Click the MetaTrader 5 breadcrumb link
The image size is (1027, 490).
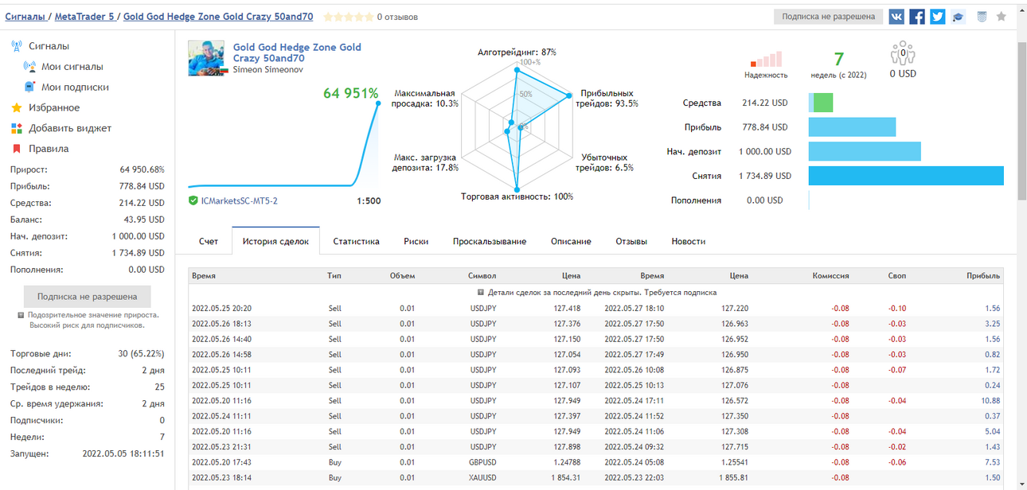84,17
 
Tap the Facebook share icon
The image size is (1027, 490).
917,17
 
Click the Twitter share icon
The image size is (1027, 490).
938,17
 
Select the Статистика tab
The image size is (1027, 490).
356,241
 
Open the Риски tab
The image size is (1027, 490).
416,241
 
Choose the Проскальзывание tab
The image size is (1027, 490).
490,241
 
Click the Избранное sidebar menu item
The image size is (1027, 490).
54,107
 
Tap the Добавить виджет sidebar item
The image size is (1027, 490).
70,128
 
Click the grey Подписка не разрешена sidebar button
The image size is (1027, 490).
87,297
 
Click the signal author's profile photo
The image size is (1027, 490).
206,58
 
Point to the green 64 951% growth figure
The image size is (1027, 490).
351,93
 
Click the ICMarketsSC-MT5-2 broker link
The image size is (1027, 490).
239,201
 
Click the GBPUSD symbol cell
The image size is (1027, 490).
482,462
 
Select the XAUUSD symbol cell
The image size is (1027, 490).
482,477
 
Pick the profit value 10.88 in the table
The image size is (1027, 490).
990,401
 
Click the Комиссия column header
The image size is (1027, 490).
831,276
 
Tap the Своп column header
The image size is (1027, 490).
896,276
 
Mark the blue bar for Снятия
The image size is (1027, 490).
906,176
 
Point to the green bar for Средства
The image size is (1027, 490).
823,103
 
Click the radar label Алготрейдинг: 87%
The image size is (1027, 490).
517,52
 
